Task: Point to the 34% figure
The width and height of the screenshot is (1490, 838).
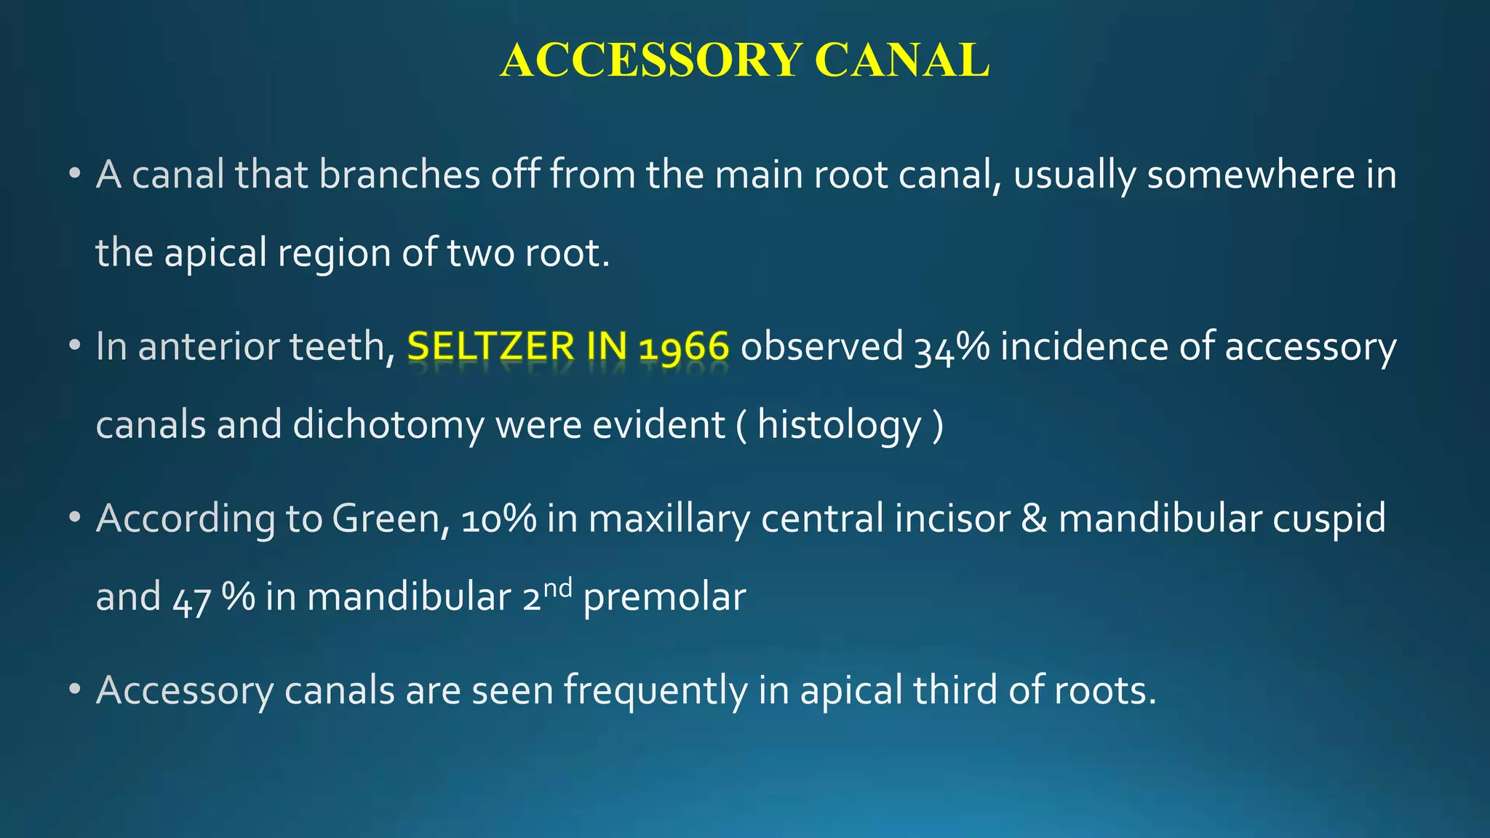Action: point(951,347)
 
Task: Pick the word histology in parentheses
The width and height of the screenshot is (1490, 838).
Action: point(839,426)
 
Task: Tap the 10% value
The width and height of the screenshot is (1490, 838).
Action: point(498,519)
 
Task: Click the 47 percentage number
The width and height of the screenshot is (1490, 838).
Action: point(191,599)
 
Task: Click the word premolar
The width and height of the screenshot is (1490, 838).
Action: point(664,599)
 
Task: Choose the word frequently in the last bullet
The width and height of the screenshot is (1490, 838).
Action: point(655,690)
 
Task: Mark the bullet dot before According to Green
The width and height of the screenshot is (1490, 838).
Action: point(74,519)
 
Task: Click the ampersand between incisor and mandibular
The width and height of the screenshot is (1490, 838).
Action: point(1034,519)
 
